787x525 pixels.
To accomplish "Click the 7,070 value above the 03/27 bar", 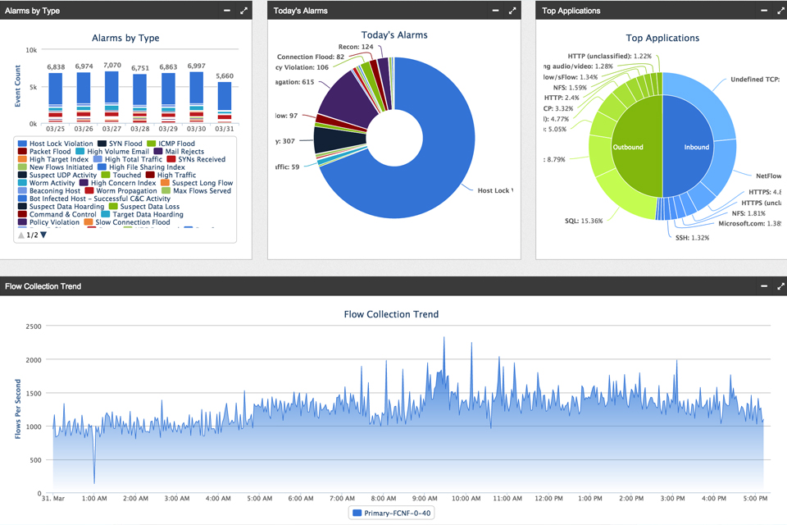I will [112, 66].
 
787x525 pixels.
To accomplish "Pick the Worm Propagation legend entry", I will [126, 191].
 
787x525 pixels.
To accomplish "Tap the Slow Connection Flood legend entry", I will [133, 222].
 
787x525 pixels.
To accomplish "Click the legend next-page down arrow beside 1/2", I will [44, 235].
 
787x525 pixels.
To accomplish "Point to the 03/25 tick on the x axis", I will [56, 130].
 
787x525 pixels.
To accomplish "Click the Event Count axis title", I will [18, 86].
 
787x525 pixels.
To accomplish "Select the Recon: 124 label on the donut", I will [355, 47].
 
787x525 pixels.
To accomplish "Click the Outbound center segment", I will [628, 148].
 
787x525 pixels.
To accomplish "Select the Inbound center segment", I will [697, 148].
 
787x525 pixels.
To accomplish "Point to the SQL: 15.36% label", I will [584, 221].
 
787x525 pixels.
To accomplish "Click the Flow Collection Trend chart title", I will [391, 314].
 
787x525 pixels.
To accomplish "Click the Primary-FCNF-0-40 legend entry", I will [391, 514].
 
